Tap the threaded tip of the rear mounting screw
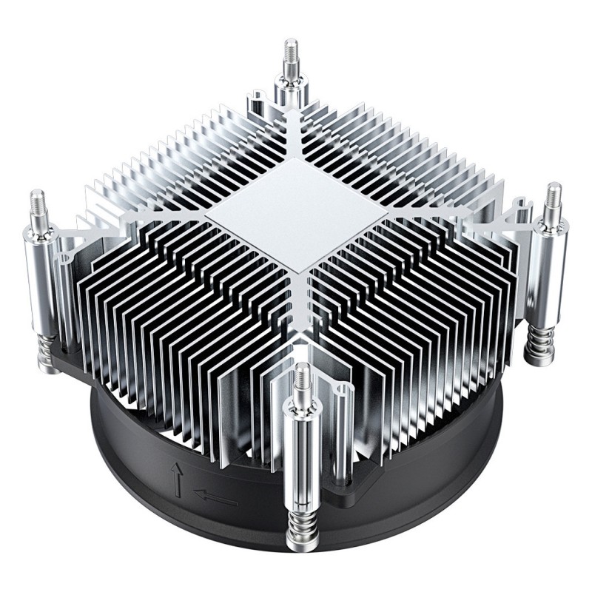click(289, 55)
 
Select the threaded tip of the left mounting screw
click(37, 205)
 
